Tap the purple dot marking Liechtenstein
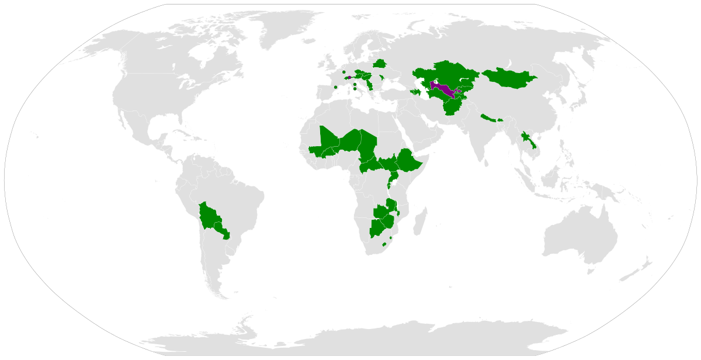[x=349, y=77]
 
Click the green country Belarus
[x=380, y=63]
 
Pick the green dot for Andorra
[x=336, y=87]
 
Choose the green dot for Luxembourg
[x=344, y=72]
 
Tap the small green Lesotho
[x=384, y=244]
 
